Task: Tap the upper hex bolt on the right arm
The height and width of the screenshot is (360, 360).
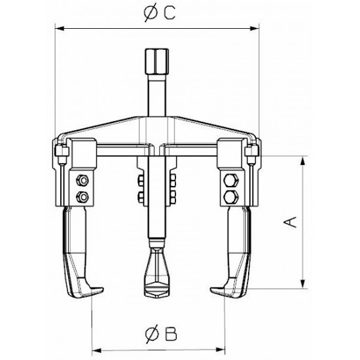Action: (x=232, y=181)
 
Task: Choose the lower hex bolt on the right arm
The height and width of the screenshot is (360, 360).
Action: (x=232, y=196)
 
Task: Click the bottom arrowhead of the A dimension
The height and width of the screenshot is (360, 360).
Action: (x=302, y=285)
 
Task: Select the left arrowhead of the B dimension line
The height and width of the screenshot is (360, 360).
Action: (x=94, y=347)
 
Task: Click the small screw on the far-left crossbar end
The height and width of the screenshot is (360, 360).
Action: (x=58, y=156)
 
